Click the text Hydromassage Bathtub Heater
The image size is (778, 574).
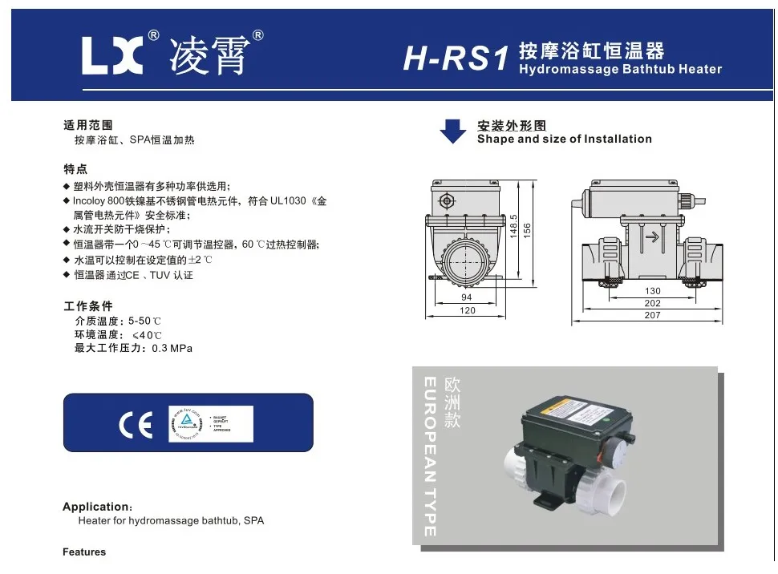pos(620,69)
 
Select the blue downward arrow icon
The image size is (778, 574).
pos(453,131)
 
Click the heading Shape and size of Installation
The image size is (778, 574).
pos(564,139)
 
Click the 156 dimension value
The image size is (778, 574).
pos(527,230)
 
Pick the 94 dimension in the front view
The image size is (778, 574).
pos(467,297)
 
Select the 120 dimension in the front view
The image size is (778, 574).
pos(467,310)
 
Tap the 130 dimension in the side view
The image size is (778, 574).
pos(652,291)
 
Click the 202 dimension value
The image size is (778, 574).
pos(652,303)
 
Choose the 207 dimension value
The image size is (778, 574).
pos(652,316)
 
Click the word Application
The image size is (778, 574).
pos(95,507)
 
